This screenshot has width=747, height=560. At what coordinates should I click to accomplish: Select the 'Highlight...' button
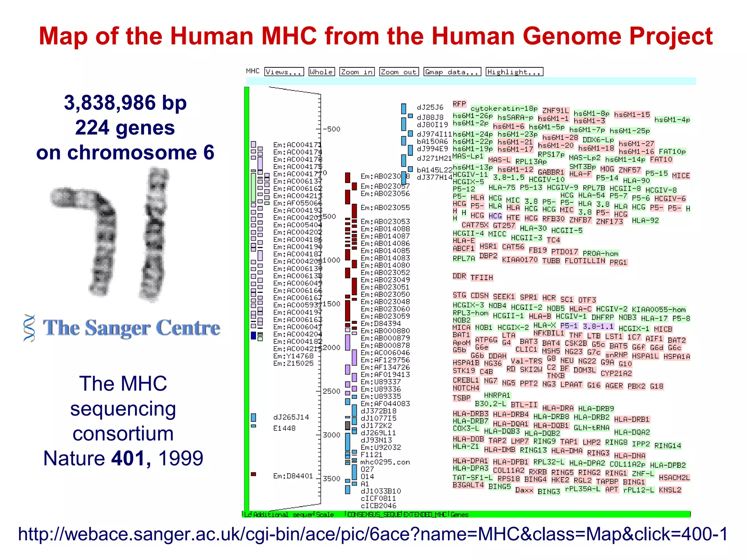(514, 72)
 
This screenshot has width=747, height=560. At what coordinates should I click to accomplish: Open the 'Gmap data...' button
(452, 72)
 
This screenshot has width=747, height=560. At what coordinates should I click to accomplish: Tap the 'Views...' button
(284, 72)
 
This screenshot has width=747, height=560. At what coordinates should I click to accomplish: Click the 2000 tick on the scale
(332, 347)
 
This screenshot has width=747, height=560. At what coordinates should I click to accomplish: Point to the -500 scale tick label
(331, 129)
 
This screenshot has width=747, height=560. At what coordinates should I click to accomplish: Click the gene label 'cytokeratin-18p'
(504, 109)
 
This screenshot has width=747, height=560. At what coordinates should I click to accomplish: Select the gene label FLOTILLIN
(585, 261)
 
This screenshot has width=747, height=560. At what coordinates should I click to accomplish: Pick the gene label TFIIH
(481, 278)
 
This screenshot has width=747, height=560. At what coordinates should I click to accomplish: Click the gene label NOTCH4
(466, 388)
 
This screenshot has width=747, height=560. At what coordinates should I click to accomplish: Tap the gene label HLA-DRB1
(632, 420)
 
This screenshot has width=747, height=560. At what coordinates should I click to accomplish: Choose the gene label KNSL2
(670, 490)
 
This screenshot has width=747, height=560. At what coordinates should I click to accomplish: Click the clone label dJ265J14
(291, 417)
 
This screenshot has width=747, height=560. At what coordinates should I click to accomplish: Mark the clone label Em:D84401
(293, 476)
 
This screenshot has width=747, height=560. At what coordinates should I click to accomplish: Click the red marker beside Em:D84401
(253, 474)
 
